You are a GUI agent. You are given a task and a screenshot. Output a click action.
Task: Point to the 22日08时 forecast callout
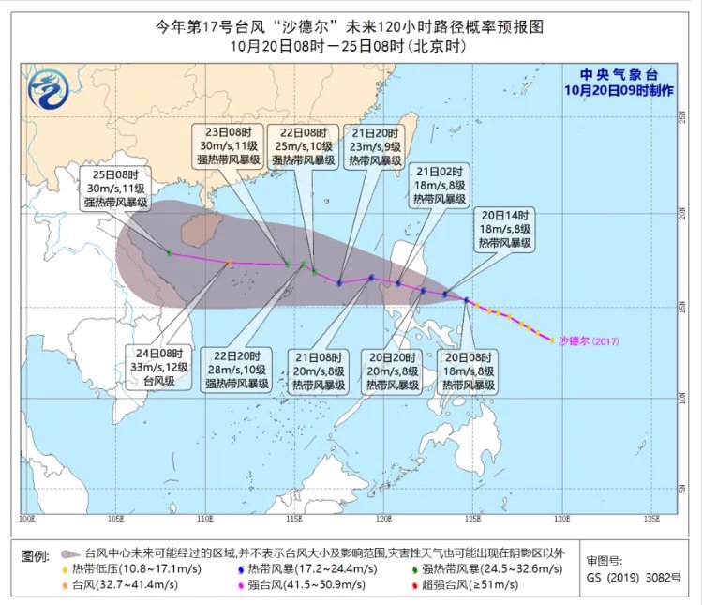tap(304, 145)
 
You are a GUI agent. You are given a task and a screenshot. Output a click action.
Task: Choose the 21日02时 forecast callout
tap(440, 185)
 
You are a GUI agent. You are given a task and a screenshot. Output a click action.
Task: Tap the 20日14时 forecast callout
tap(506, 227)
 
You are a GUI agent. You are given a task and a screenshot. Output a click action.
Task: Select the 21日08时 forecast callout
tap(316, 370)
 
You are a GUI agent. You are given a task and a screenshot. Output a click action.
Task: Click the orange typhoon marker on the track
tap(229, 264)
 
